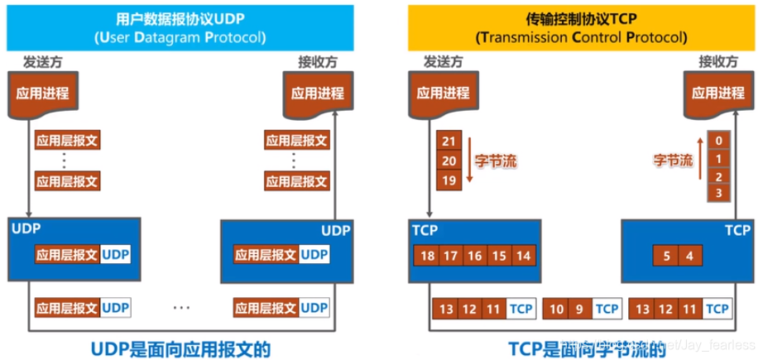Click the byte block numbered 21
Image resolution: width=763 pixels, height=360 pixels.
(x=449, y=142)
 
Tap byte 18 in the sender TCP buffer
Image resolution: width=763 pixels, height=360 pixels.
(x=428, y=256)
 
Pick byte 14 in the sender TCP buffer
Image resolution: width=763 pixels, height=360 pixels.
(x=524, y=256)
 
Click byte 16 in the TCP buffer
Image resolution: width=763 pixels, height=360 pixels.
(x=476, y=256)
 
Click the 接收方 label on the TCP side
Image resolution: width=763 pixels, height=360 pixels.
(x=717, y=62)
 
